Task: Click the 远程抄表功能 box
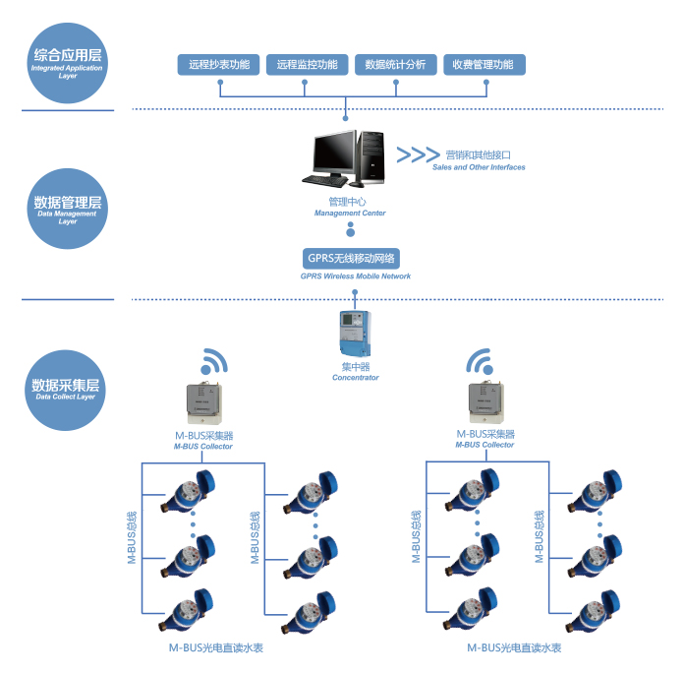[x=219, y=65]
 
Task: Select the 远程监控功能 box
[x=307, y=65]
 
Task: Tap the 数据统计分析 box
[x=395, y=65]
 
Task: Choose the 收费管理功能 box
[x=484, y=65]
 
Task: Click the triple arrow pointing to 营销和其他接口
[x=418, y=154]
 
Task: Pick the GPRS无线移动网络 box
[x=351, y=259]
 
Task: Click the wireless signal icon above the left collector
[x=215, y=360]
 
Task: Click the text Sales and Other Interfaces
[x=479, y=167]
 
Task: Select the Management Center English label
[x=350, y=213]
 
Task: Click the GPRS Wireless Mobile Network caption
[x=356, y=276]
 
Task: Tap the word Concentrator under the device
[x=355, y=378]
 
